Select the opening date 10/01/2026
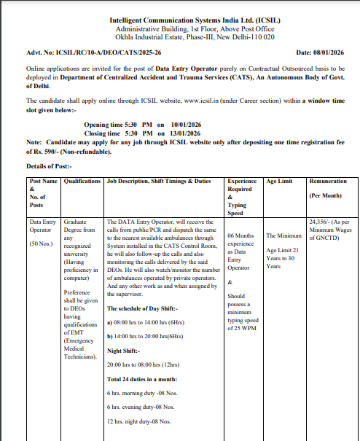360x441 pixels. [187, 125]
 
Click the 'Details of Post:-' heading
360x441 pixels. [50, 167]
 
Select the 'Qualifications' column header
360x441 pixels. [82, 180]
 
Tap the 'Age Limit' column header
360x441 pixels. [281, 180]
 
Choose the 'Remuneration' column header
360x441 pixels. [327, 180]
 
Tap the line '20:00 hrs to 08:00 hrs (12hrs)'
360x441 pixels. [144, 364]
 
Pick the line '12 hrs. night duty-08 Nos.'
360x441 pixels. [139, 421]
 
